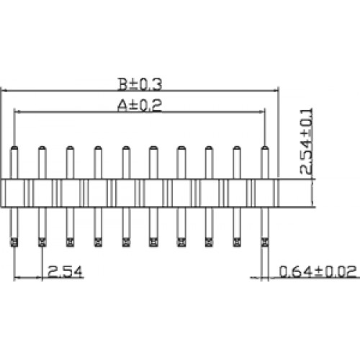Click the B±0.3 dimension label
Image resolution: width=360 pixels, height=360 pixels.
coord(140,84)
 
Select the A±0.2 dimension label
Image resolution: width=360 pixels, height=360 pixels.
coord(140,105)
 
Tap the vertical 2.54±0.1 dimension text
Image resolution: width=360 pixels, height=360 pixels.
coord(307,141)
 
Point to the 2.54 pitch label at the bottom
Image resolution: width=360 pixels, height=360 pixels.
coord(65,271)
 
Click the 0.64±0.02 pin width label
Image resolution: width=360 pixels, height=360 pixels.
coord(318,271)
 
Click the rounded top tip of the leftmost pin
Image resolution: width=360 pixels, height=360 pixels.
coord(14,146)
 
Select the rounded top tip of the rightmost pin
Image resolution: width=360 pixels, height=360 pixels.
coord(264,146)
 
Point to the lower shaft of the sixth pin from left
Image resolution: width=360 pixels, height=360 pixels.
coord(153,222)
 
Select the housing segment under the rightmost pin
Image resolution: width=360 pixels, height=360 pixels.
coord(264,193)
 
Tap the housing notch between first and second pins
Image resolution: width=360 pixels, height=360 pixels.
coord(29,193)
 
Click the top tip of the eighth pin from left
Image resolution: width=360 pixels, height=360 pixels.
coord(209,146)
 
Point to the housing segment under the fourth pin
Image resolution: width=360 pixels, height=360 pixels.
coord(98,193)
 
